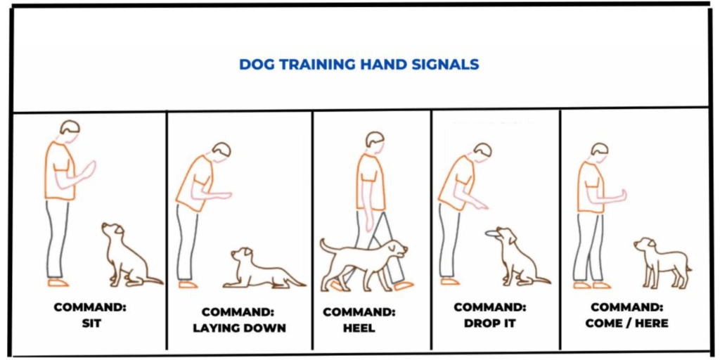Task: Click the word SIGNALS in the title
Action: coord(448,65)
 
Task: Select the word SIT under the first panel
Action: coord(90,323)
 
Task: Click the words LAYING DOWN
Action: coord(239,328)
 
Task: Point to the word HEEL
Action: coord(359,328)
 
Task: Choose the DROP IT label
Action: coord(489,323)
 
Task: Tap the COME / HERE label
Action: coord(626,323)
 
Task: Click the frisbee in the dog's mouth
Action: coord(496,233)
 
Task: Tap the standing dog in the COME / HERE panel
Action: coord(662,262)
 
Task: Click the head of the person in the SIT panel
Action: coord(70,128)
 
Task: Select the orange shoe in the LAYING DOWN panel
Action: coord(188,285)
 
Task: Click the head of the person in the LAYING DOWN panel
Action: coord(221,151)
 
